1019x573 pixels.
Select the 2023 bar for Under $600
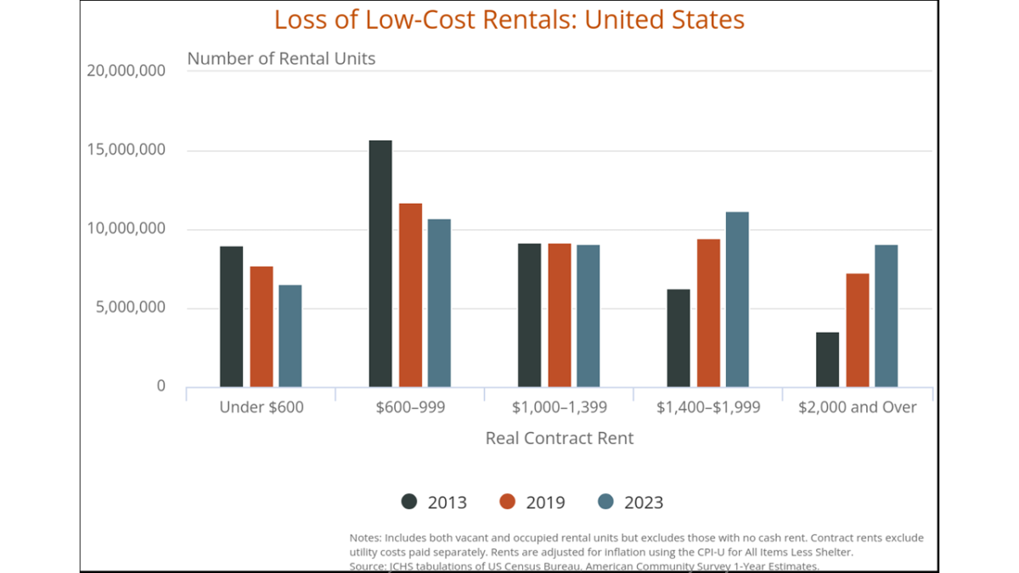click(x=290, y=336)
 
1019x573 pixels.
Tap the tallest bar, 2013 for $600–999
click(x=380, y=263)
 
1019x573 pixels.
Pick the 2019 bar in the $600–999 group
click(x=410, y=295)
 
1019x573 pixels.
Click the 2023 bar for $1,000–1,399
click(x=588, y=316)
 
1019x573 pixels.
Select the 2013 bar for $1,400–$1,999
click(x=678, y=338)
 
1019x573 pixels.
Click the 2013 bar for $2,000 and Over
click(x=827, y=359)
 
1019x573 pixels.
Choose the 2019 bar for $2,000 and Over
click(x=858, y=330)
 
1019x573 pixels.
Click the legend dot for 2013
click(x=409, y=502)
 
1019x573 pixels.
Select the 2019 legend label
click(x=545, y=503)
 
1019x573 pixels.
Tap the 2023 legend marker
click(x=605, y=502)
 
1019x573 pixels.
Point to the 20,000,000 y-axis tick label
click(x=126, y=70)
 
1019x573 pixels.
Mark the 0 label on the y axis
click(x=160, y=386)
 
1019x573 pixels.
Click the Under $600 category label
click(x=261, y=407)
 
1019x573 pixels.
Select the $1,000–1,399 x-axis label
click(x=560, y=407)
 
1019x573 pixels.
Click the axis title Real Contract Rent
click(x=560, y=438)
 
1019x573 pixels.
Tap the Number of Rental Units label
click(x=281, y=59)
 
